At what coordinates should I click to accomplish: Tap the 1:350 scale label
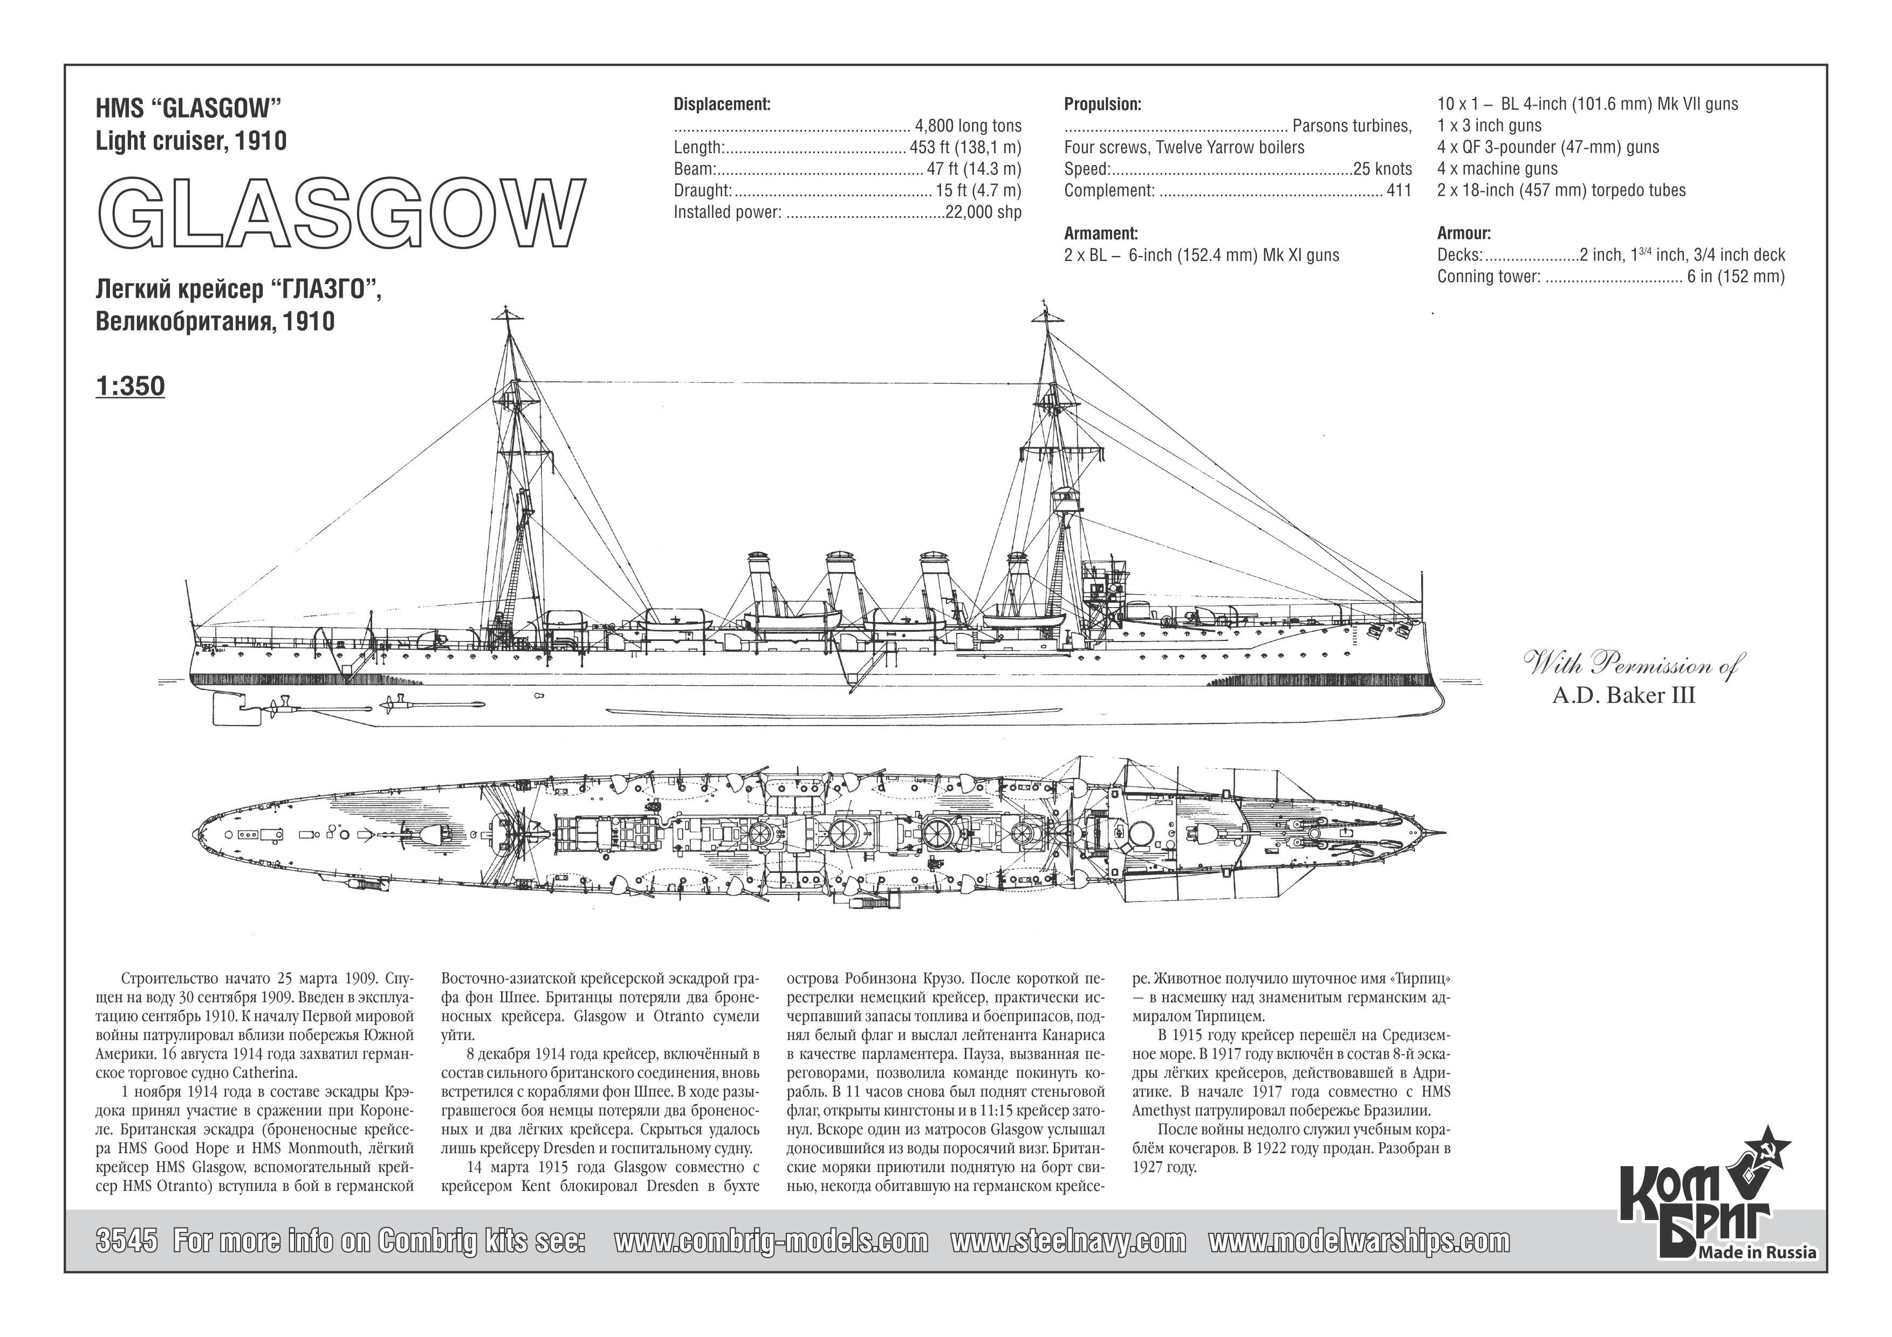(x=130, y=387)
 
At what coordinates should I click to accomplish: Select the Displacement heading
(x=722, y=105)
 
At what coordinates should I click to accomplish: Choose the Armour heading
(x=1464, y=233)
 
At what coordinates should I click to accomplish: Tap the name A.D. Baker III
(x=1623, y=695)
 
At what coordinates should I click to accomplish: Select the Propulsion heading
(x=1102, y=105)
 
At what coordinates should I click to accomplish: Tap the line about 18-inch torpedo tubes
(x=1561, y=190)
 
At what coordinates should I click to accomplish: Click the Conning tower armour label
(x=1488, y=276)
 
